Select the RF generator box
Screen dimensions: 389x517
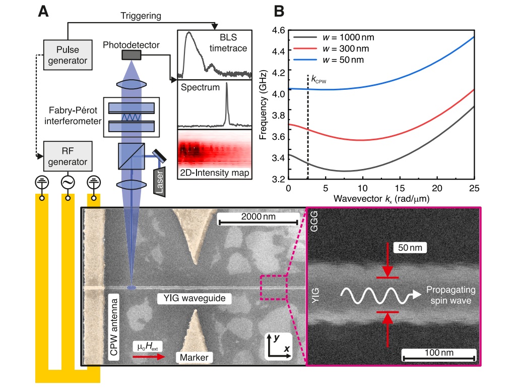[x=67, y=156]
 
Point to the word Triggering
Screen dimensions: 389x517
[x=141, y=16]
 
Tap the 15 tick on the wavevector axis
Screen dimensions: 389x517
[x=401, y=188]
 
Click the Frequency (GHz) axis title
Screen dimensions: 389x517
[x=263, y=105]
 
